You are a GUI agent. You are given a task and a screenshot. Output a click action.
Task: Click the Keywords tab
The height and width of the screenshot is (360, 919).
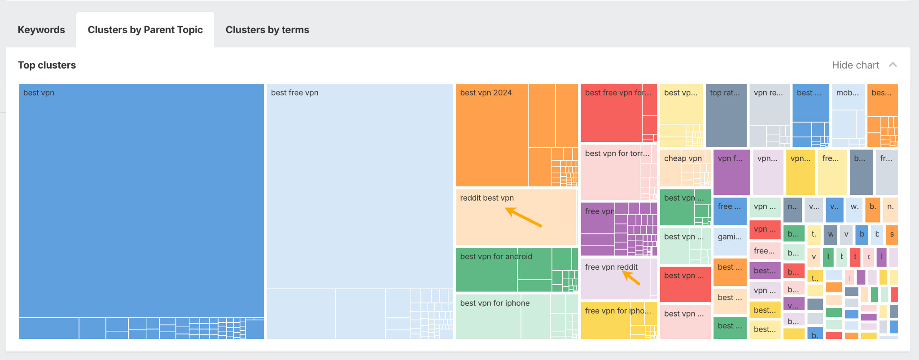coord(41,30)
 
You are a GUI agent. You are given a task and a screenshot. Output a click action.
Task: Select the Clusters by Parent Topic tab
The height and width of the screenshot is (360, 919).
coord(145,30)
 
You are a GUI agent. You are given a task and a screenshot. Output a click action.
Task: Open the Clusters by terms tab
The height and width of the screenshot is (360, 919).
coord(267,30)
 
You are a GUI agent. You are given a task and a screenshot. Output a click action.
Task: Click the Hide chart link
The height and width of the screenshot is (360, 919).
coord(855,65)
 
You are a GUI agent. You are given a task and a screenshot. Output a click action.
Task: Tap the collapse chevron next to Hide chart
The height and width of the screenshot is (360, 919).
coord(893,65)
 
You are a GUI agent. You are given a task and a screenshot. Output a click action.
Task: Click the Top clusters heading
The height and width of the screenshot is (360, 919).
coord(47,65)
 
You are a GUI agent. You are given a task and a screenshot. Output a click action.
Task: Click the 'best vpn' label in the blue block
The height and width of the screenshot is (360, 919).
coord(39,93)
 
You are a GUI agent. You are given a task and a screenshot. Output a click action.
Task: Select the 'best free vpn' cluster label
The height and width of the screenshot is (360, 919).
coord(294,93)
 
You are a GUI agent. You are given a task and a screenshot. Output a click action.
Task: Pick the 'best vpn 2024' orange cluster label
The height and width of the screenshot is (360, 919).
coord(486,93)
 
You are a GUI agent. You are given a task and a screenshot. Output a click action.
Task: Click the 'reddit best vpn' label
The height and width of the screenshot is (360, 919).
coord(486,198)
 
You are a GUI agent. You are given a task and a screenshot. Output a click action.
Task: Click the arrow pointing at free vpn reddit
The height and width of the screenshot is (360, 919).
coord(631,278)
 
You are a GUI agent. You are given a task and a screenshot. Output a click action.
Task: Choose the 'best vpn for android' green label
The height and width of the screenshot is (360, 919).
coord(496,257)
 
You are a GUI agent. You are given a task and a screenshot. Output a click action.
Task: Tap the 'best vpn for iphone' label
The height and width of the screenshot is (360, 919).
coord(495,303)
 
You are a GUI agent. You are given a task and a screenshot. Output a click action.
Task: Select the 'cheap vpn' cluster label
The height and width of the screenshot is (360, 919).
coord(683,158)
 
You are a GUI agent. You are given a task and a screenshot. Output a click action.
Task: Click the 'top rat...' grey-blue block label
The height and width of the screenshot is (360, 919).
coord(724,93)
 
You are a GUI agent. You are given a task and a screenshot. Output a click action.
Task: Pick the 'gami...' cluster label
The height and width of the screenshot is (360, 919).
coord(729,237)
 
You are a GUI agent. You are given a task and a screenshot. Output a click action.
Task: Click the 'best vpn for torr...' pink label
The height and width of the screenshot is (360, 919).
coord(617,154)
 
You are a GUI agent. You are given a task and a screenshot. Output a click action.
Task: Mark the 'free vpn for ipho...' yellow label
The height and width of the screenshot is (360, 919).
coord(617,311)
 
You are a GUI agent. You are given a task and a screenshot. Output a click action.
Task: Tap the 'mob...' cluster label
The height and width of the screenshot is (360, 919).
coord(847,93)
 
